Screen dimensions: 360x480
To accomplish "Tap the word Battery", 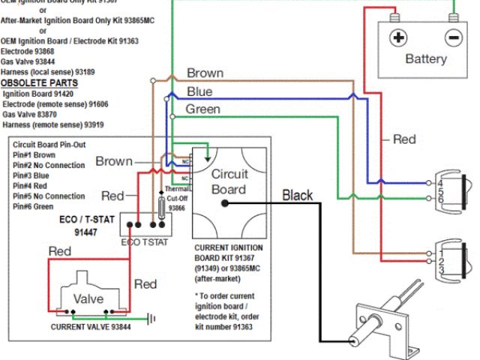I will click(x=425, y=58).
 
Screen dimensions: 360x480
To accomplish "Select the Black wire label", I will click(x=298, y=195).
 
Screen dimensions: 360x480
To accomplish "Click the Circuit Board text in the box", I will click(x=228, y=181).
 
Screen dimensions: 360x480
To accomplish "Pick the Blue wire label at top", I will click(x=199, y=91).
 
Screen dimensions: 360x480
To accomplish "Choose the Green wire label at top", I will click(x=202, y=109).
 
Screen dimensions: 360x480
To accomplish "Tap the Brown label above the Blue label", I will click(x=205, y=73).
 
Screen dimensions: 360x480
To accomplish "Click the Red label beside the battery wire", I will click(x=404, y=139).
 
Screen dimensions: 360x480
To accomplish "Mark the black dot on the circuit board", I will click(x=224, y=202).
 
